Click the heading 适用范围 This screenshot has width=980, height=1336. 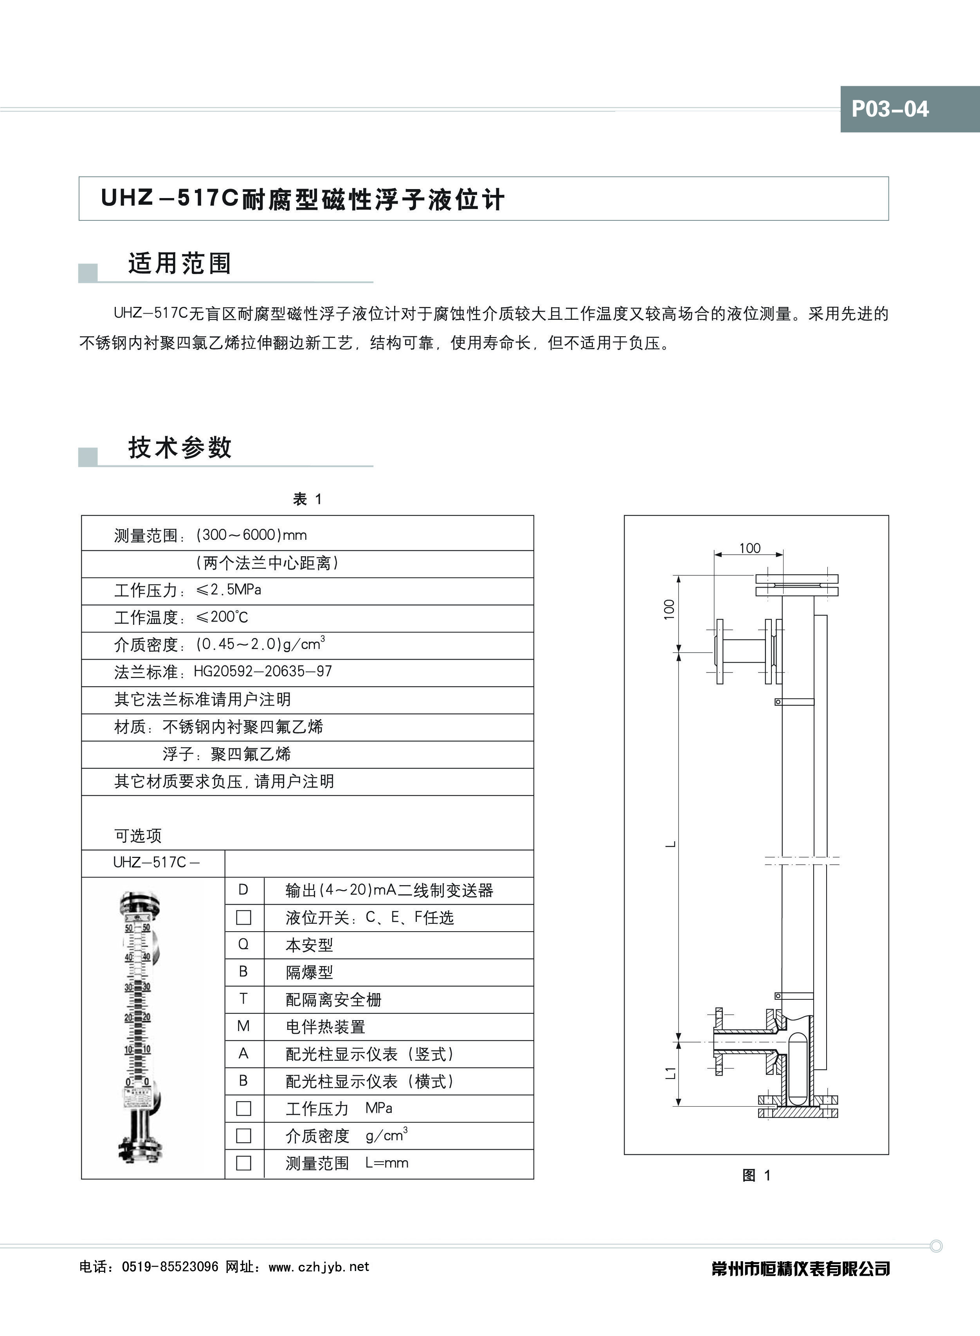click(179, 263)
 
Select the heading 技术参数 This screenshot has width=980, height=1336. click(179, 447)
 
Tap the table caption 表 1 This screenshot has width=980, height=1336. click(307, 499)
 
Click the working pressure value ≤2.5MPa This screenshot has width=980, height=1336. click(229, 590)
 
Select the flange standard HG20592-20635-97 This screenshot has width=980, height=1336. click(263, 672)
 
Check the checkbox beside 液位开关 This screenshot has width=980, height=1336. click(243, 917)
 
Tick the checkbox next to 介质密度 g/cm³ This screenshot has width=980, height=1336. click(243, 1136)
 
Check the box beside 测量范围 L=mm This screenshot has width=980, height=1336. click(243, 1163)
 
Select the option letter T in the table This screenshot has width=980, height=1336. click(243, 999)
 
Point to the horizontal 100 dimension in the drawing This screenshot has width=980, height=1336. click(749, 548)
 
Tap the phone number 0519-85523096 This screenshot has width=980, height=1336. click(170, 1267)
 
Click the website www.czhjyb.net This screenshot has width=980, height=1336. click(319, 1267)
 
